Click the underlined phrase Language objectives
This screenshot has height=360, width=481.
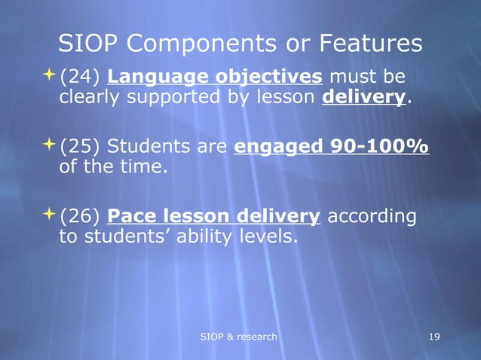click(x=216, y=78)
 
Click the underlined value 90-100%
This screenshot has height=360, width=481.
click(x=381, y=147)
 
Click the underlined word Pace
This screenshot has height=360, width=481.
click(x=133, y=217)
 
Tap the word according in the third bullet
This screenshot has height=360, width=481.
click(x=372, y=217)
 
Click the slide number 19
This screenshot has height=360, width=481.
click(x=434, y=336)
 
